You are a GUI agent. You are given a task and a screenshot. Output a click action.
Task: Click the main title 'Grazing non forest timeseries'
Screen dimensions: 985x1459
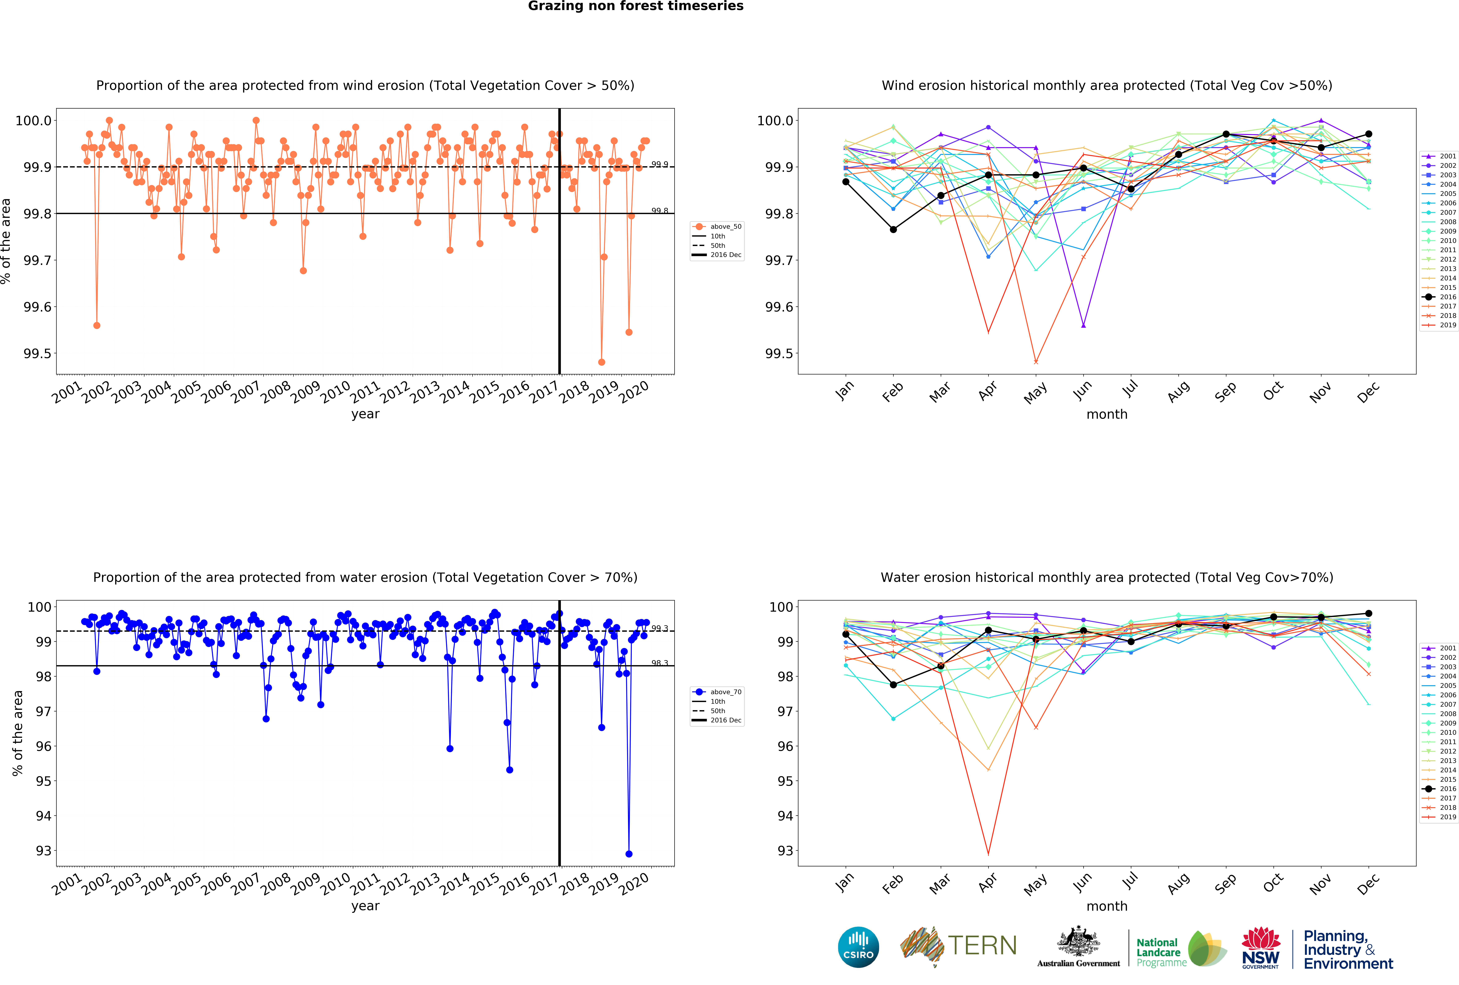point(635,6)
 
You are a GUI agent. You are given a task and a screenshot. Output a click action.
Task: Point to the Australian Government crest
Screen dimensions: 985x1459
point(1078,941)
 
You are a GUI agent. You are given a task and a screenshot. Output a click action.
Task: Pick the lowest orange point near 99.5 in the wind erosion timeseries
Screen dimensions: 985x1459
point(601,362)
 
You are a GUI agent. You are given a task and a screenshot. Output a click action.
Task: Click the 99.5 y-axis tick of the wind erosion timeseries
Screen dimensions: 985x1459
point(38,353)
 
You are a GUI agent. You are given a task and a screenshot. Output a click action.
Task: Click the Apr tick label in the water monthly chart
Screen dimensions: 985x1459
point(987,883)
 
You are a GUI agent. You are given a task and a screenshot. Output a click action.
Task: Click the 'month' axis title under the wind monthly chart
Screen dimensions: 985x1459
point(1107,414)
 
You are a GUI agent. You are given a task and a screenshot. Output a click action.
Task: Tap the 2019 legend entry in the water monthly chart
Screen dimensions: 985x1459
point(1440,817)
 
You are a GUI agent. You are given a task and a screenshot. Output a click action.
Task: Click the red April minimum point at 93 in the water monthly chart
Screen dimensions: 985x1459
point(988,854)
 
